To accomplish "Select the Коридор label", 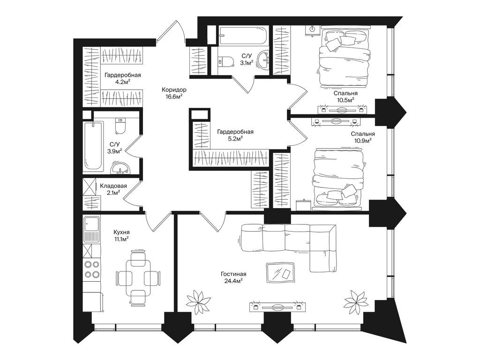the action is pyautogui.click(x=174, y=90).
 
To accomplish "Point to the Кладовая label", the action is pyautogui.click(x=113, y=186).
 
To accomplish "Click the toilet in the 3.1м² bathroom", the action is pyautogui.click(x=225, y=61).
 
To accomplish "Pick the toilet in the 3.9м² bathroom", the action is pyautogui.click(x=120, y=126).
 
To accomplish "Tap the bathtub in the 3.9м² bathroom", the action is pyautogui.click(x=93, y=146).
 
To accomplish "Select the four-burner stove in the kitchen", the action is pyautogui.click(x=92, y=269).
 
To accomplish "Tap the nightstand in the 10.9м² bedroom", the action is pyautogui.click(x=304, y=205).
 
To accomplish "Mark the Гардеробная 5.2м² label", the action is pyautogui.click(x=235, y=135).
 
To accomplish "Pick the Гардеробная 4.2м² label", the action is pyautogui.click(x=122, y=78).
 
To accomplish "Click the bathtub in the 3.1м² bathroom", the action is pyautogui.click(x=244, y=36).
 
